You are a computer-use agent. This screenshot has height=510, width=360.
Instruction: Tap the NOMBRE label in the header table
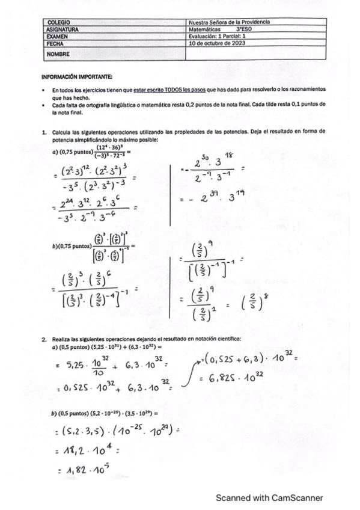click(57, 54)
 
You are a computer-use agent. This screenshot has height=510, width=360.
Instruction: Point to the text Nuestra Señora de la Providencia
click(229, 22)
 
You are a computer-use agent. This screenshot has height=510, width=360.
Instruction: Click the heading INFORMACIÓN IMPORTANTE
click(77, 77)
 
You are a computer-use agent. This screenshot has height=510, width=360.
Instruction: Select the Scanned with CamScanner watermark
click(269, 498)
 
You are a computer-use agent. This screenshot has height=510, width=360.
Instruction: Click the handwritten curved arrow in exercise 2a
click(188, 373)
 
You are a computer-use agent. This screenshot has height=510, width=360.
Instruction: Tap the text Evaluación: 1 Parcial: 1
click(219, 36)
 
